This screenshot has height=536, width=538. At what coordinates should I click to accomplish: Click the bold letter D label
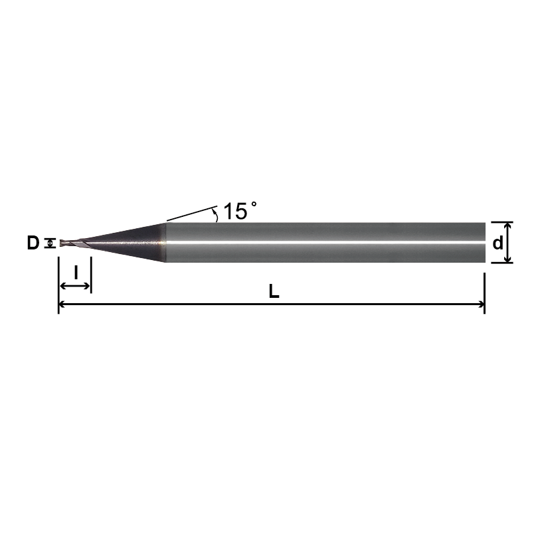pos(33,243)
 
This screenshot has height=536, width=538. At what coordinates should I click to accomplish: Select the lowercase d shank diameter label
pos(497,243)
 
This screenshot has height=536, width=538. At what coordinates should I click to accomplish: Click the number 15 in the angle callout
pos(234,212)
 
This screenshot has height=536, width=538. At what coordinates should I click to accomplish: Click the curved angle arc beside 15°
pos(215,214)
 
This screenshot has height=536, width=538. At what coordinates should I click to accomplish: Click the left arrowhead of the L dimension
pos(62,304)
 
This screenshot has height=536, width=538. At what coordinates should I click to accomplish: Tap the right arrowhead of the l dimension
pos(87,286)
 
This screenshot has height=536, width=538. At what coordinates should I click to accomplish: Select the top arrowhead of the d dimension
pos(507,226)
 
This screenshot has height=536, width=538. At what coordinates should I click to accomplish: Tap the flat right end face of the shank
pos(484,243)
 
